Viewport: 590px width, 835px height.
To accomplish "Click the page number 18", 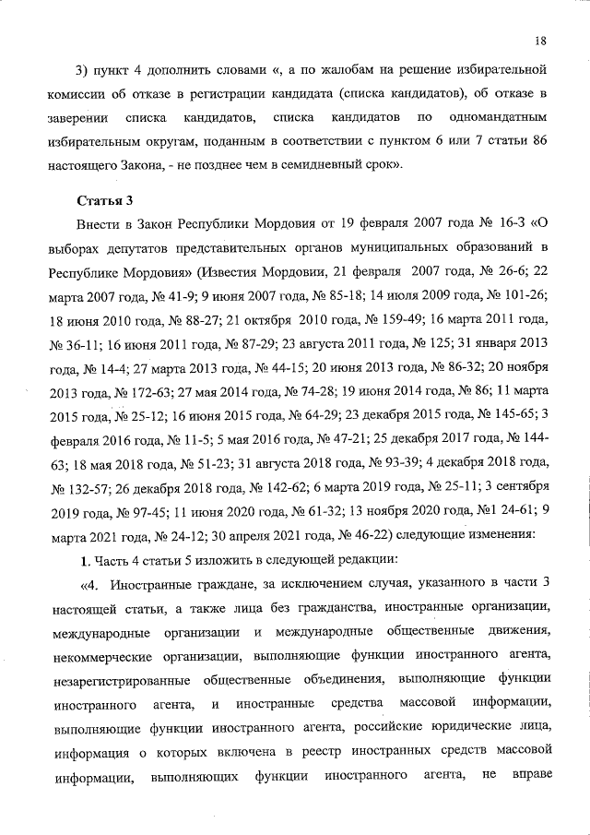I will pyautogui.click(x=540, y=40).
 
